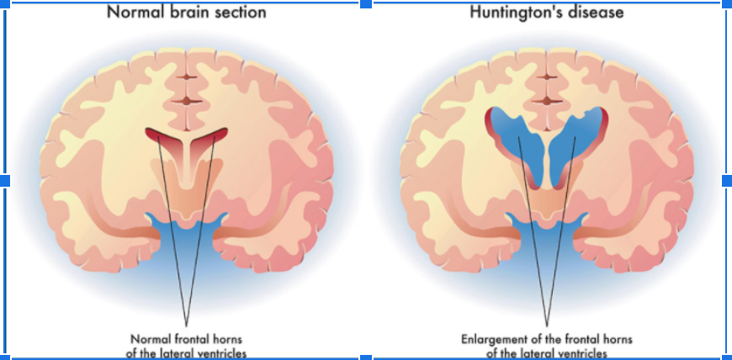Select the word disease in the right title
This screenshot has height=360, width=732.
tap(596, 13)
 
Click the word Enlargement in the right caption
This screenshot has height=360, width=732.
tap(496, 340)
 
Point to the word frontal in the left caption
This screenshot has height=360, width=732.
tap(197, 340)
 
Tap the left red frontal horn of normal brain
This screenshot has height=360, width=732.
tap(165, 135)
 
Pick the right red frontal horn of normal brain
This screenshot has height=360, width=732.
tap(210, 135)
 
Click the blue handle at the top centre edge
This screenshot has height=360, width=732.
tap(366, 4)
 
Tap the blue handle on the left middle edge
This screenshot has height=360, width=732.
tap(5, 180)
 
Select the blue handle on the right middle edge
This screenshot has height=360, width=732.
tap(727, 180)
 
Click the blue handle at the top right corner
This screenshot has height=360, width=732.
tap(727, 4)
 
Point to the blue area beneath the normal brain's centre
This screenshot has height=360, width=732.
tap(187, 244)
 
